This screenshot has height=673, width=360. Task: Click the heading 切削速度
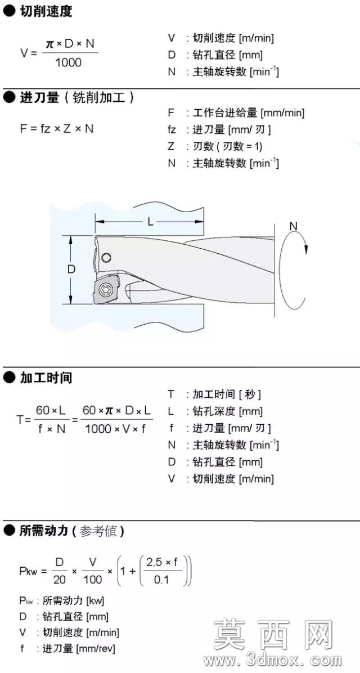[x=46, y=12]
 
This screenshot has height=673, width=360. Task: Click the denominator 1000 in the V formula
[x=68, y=62]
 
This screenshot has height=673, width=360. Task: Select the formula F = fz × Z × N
[x=57, y=128]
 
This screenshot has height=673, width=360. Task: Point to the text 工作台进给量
[x=225, y=113]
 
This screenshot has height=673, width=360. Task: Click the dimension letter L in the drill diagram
[x=150, y=222]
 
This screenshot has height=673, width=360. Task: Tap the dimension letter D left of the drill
[x=71, y=270]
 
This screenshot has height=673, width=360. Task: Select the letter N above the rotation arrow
[x=293, y=226]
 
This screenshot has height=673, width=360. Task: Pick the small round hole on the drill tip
[x=106, y=258]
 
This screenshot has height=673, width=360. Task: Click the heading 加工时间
[x=46, y=378]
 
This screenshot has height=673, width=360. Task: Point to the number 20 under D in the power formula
[x=60, y=580]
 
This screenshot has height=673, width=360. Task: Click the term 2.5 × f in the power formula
[x=162, y=562]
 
